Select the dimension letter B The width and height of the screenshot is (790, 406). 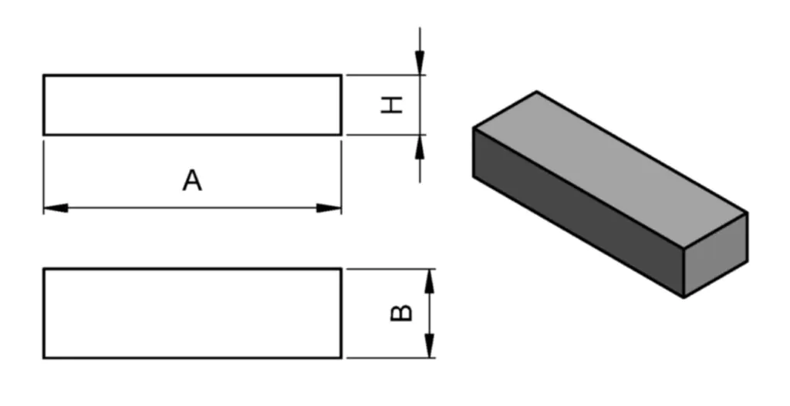(x=402, y=313)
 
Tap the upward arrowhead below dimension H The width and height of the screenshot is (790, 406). (x=420, y=146)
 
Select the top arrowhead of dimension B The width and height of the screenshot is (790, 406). (x=430, y=281)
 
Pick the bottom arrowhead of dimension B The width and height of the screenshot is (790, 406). (x=430, y=345)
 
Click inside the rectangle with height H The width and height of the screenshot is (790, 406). (x=192, y=105)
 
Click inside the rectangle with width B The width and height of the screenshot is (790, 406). (x=192, y=313)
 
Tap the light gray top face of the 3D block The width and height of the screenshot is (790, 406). (x=609, y=169)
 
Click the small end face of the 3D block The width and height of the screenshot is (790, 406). (x=716, y=255)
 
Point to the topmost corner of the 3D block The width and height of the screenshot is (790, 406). (x=536, y=92)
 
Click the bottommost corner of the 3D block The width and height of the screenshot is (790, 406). (x=684, y=297)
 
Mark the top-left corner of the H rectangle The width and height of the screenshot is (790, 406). (x=44, y=75)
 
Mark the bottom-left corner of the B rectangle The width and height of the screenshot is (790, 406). (x=44, y=357)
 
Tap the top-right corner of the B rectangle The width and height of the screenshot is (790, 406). (x=340, y=269)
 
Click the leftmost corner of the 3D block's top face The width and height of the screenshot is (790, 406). (x=473, y=128)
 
